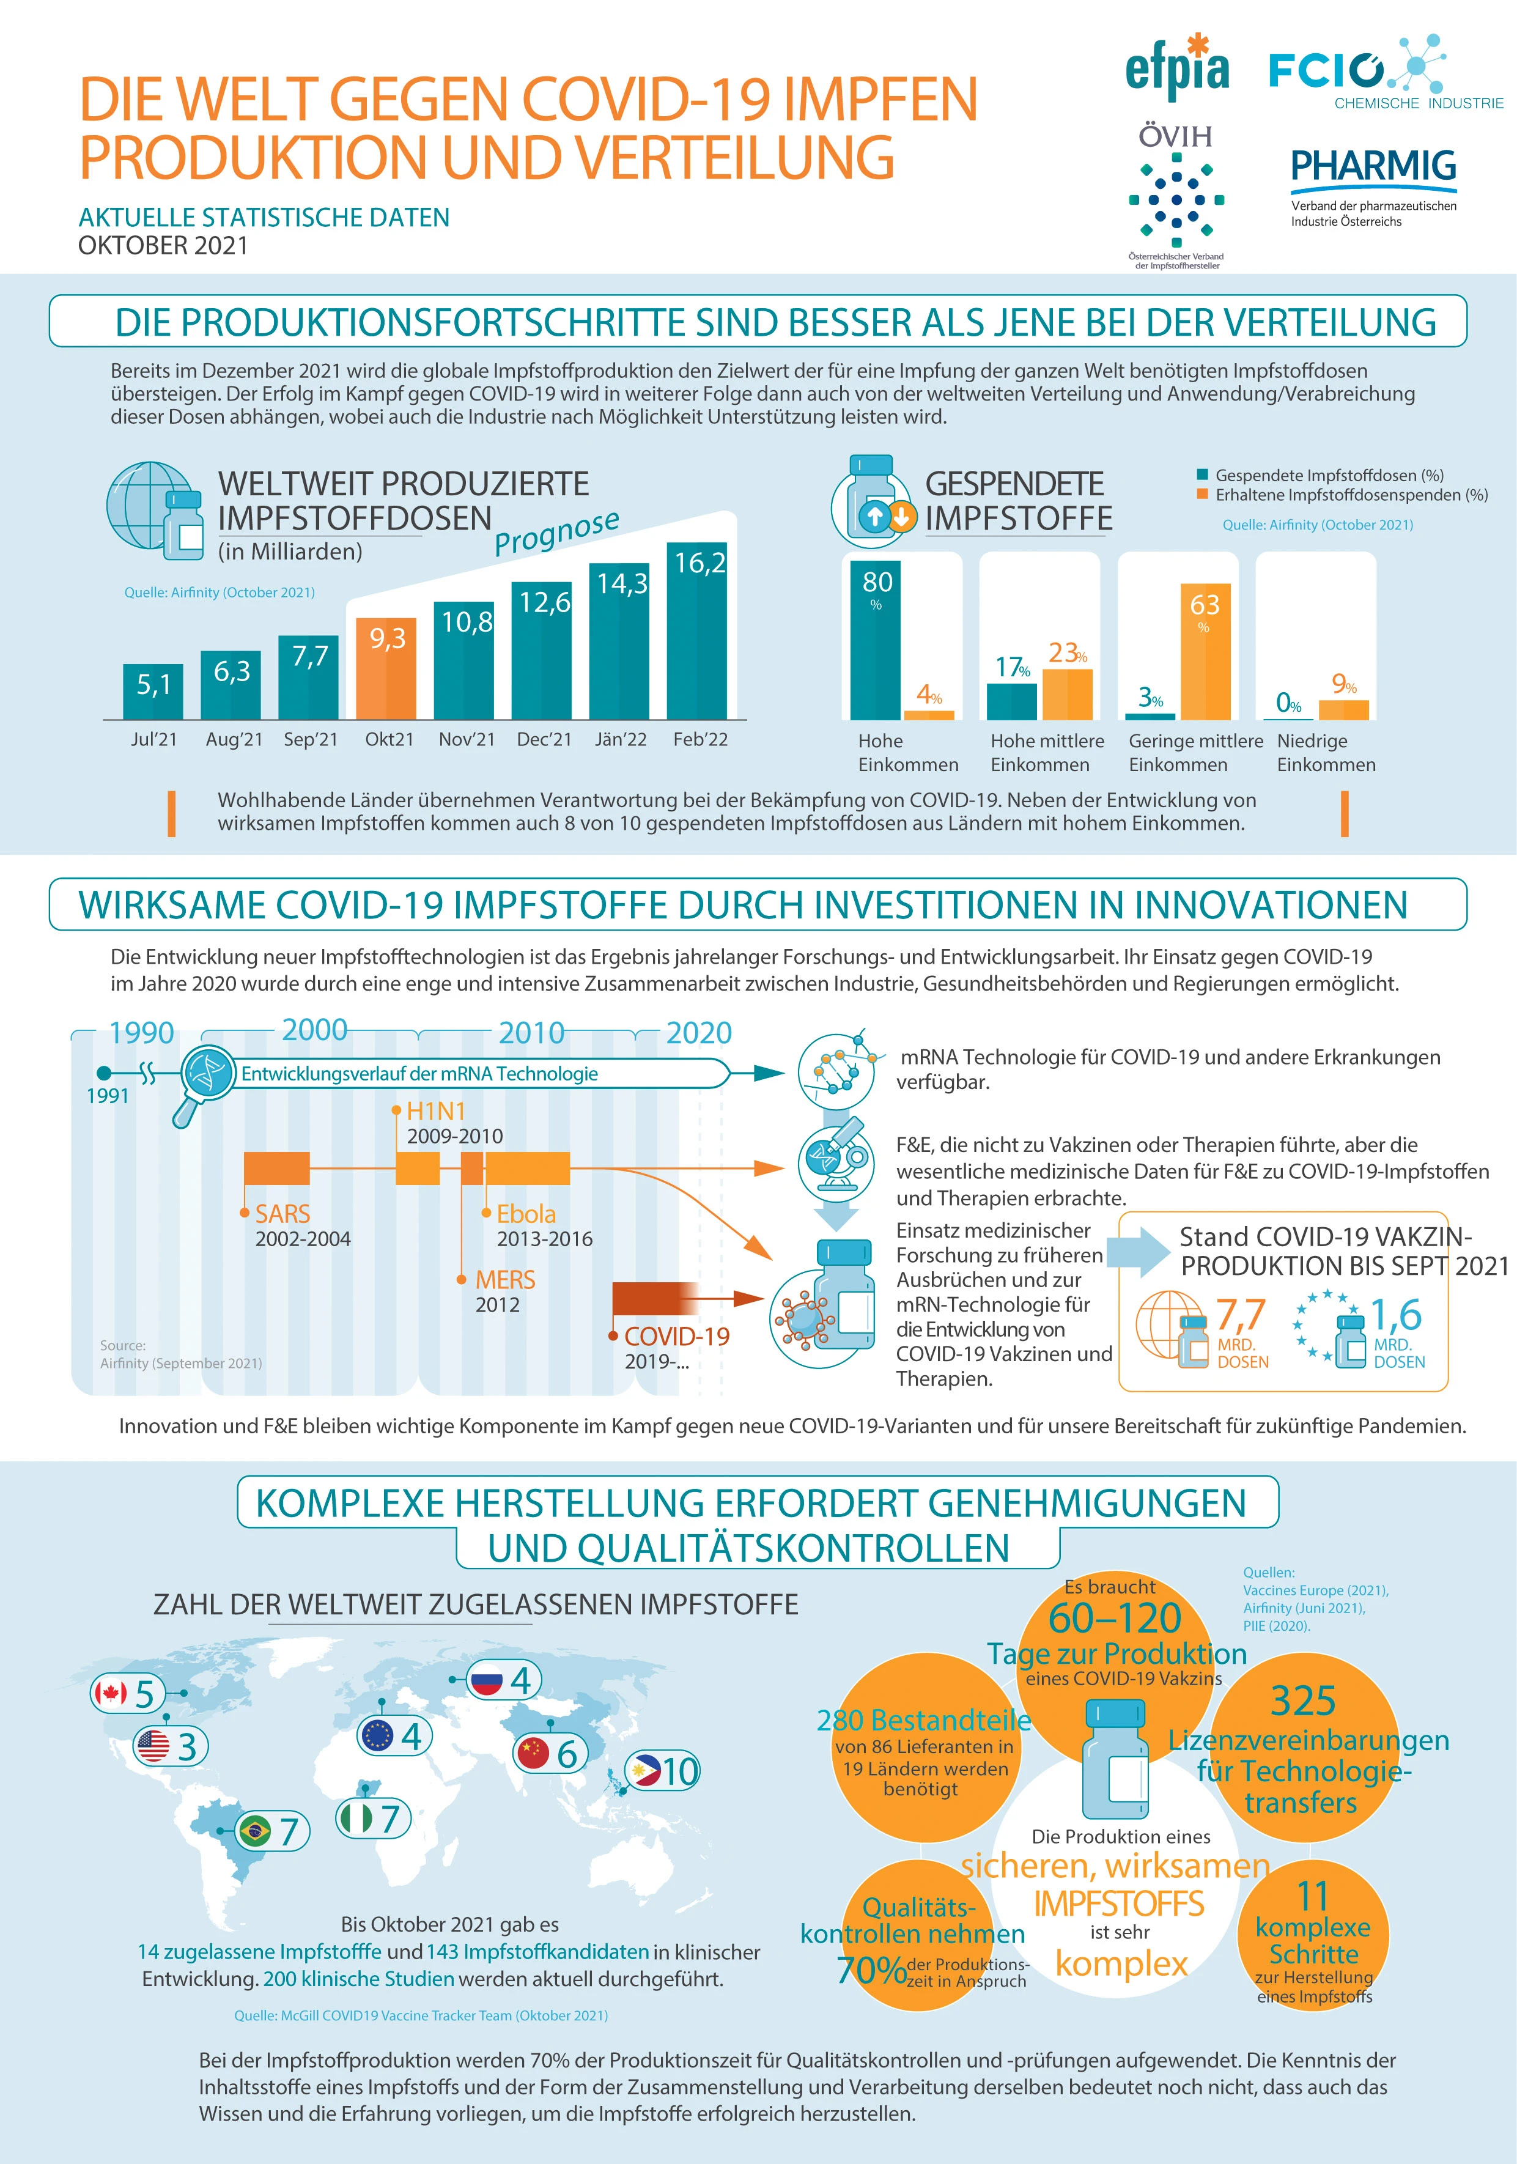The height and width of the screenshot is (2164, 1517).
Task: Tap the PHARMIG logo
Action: point(1373,186)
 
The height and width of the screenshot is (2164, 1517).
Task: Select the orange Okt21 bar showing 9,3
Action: point(386,668)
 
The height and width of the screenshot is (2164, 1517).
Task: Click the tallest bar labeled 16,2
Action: point(697,630)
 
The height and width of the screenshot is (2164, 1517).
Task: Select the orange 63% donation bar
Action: point(1205,651)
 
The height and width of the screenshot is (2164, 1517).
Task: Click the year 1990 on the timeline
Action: point(141,1033)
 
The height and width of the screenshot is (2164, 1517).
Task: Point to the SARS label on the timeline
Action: point(282,1214)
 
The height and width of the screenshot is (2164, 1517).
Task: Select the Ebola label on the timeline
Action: point(526,1214)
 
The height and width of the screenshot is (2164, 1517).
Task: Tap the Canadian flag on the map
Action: point(110,1694)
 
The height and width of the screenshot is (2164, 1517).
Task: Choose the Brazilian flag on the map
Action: point(254,1831)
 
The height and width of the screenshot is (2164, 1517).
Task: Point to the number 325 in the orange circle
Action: point(1303,1701)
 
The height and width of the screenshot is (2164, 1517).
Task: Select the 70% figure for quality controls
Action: point(871,1970)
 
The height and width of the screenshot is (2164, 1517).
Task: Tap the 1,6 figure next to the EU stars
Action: point(1395,1315)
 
